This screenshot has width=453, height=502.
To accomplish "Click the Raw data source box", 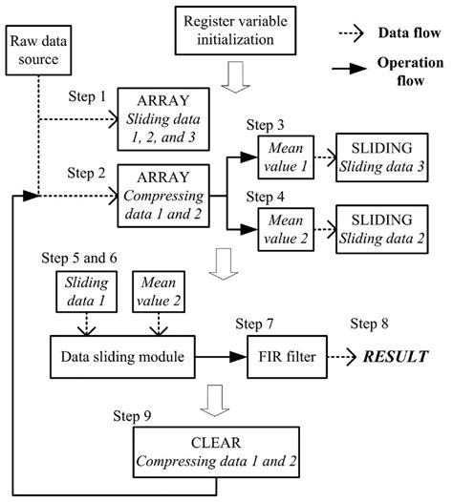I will point(36,54).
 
